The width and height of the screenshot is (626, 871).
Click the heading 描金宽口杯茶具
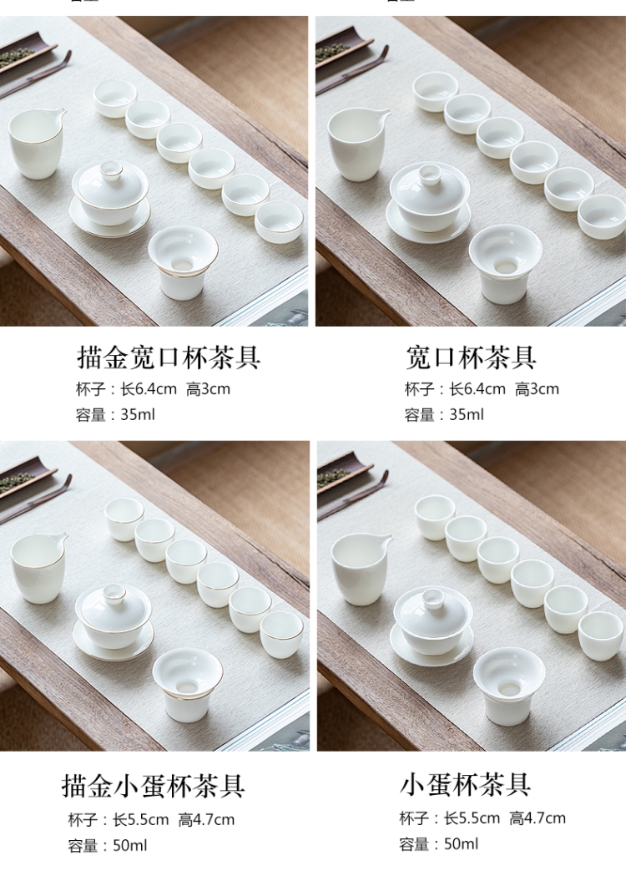coord(168,357)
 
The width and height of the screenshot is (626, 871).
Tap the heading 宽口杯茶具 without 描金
coord(471,357)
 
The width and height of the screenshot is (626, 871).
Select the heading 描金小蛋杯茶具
coord(154,786)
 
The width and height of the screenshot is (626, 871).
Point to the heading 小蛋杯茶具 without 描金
coord(465,784)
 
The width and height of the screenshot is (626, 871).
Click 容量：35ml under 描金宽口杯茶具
coord(115,414)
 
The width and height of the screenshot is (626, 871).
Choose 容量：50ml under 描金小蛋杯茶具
coord(108,845)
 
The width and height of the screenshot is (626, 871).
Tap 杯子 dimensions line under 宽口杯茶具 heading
coord(482,389)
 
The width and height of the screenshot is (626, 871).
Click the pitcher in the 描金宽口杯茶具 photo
coord(36,143)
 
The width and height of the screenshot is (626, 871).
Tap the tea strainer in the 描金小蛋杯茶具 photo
coord(188,686)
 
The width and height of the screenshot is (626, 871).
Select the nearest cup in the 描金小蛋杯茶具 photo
coord(282,635)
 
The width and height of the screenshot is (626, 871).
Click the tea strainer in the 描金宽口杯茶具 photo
coord(183,263)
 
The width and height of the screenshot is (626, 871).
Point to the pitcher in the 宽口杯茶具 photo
coord(356,144)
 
